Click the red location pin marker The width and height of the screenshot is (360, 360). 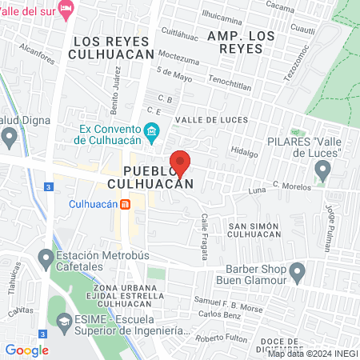[x=180, y=162]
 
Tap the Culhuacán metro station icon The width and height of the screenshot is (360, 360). [x=126, y=204]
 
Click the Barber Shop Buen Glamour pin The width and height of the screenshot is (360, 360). [x=297, y=274]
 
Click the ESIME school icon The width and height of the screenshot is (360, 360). [x=63, y=324]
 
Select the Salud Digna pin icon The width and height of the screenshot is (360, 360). [x=9, y=138]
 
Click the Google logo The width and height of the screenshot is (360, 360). [x=26, y=350]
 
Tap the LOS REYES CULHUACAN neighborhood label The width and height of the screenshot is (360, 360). [x=111, y=47]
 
